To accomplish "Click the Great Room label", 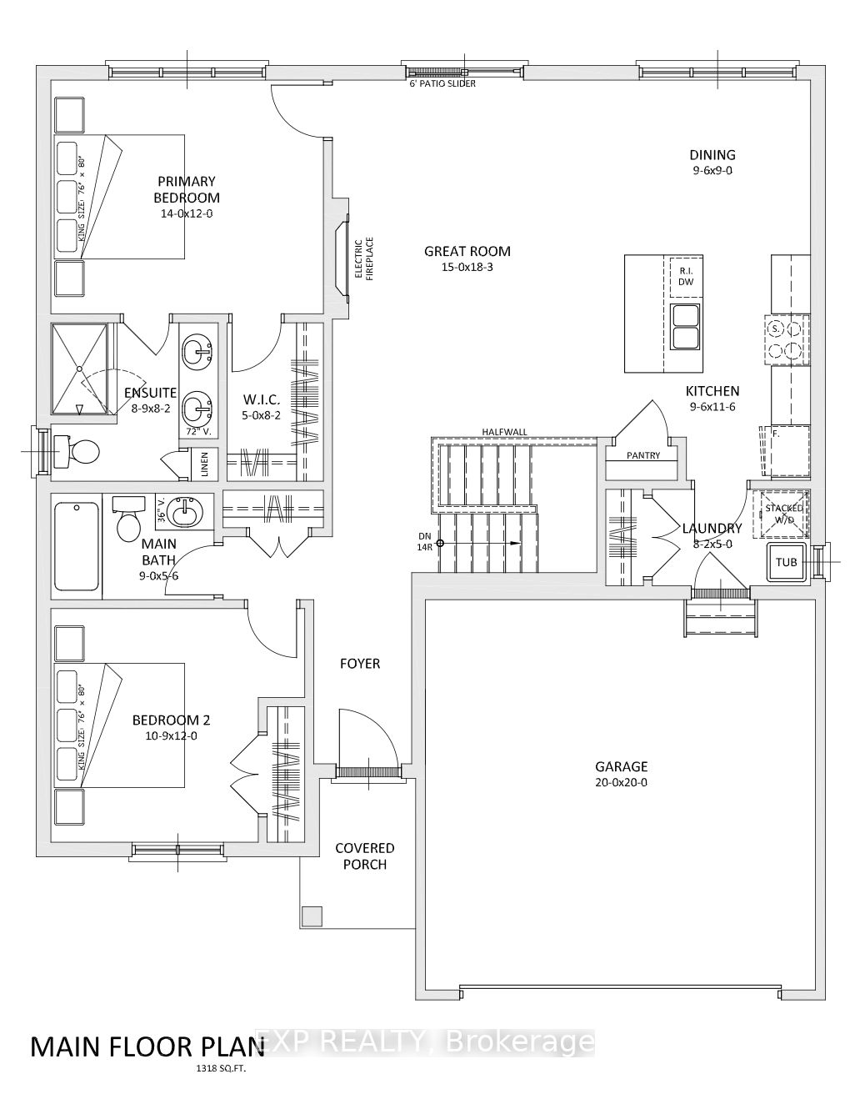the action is [x=467, y=251].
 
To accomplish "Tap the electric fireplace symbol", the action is [x=342, y=258].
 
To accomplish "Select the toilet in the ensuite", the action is [x=77, y=450].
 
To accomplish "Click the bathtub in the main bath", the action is [x=77, y=546].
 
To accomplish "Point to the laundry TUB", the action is [x=786, y=562].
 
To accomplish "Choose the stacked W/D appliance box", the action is [x=780, y=514].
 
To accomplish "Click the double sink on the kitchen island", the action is [x=685, y=326].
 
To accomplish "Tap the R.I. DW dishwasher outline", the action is [x=685, y=277].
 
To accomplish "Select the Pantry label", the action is [x=642, y=455].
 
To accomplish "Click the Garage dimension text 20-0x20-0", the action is [x=621, y=782].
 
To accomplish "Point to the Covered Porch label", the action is [x=364, y=856].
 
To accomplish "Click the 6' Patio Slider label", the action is [x=442, y=83].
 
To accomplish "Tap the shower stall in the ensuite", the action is [x=79, y=369].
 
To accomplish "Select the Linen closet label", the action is [x=205, y=464].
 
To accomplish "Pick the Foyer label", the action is [x=360, y=663].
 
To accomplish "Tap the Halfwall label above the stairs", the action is [x=504, y=432].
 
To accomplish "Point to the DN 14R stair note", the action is [x=425, y=541].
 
